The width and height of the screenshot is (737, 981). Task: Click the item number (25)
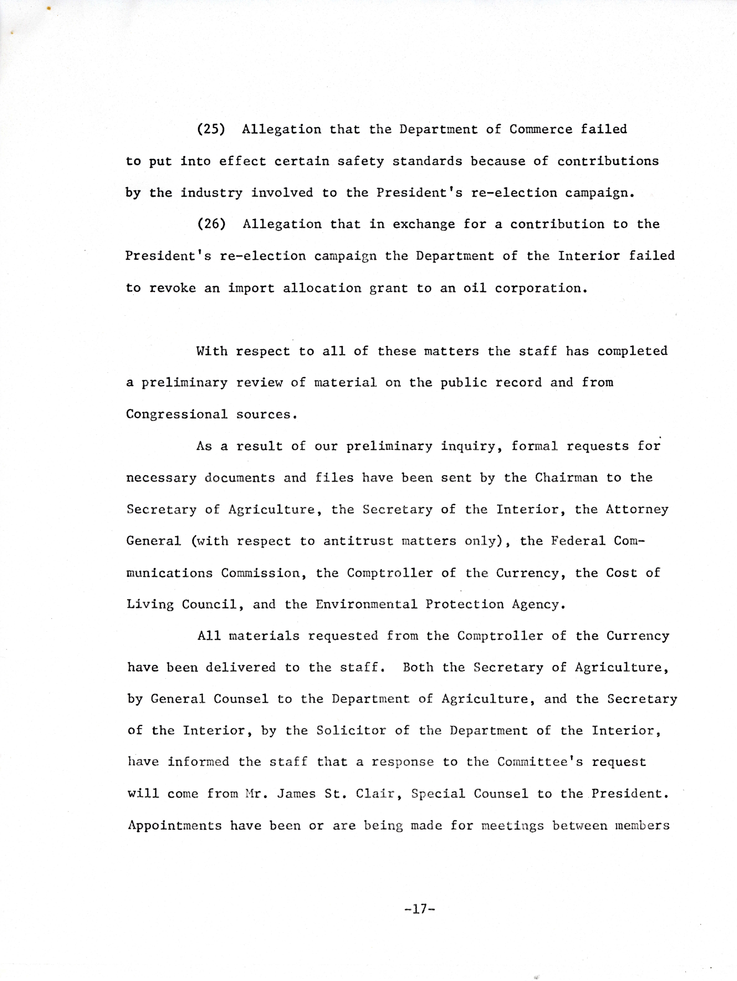[211, 130]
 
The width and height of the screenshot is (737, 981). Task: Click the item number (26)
[211, 224]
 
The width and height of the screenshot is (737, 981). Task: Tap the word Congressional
[176, 415]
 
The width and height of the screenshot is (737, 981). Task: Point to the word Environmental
[366, 605]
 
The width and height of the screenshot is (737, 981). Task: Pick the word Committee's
[540, 762]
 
